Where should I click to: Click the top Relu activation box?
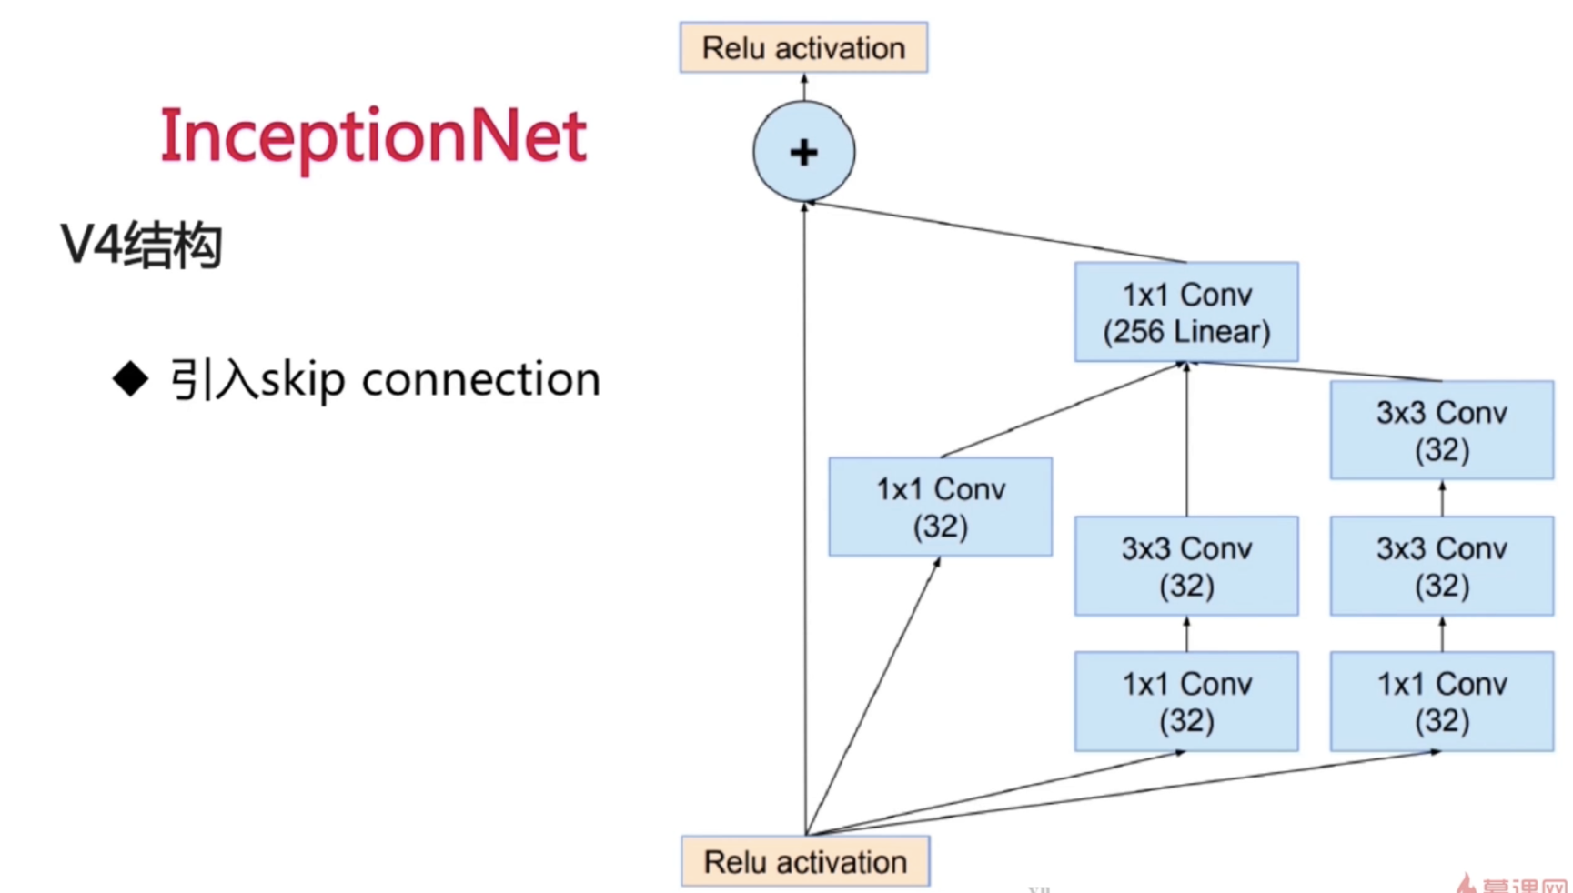coord(803,47)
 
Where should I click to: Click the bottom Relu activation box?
coord(805,860)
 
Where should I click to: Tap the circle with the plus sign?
coord(803,152)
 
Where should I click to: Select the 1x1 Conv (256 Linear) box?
coord(1186,312)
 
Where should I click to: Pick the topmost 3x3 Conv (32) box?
coord(1441,430)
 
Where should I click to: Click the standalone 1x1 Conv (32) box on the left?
coord(940,507)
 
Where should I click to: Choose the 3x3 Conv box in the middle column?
coord(1186,566)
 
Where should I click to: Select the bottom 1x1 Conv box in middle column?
coord(1186,701)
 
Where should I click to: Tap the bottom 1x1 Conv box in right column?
coord(1441,701)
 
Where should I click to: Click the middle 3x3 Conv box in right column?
coord(1441,566)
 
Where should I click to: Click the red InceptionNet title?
coord(373,136)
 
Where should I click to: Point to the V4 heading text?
coord(141,245)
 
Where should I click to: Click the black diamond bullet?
coord(130,378)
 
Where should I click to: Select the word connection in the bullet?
coord(480,379)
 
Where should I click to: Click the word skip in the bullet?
coord(302,379)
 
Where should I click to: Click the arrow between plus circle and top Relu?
coord(803,87)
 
